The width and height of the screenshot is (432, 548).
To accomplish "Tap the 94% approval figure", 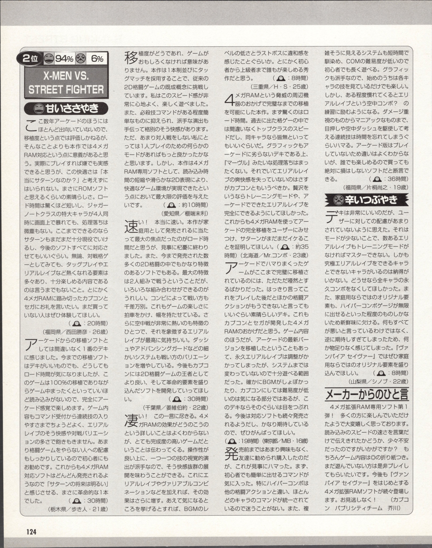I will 64,59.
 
